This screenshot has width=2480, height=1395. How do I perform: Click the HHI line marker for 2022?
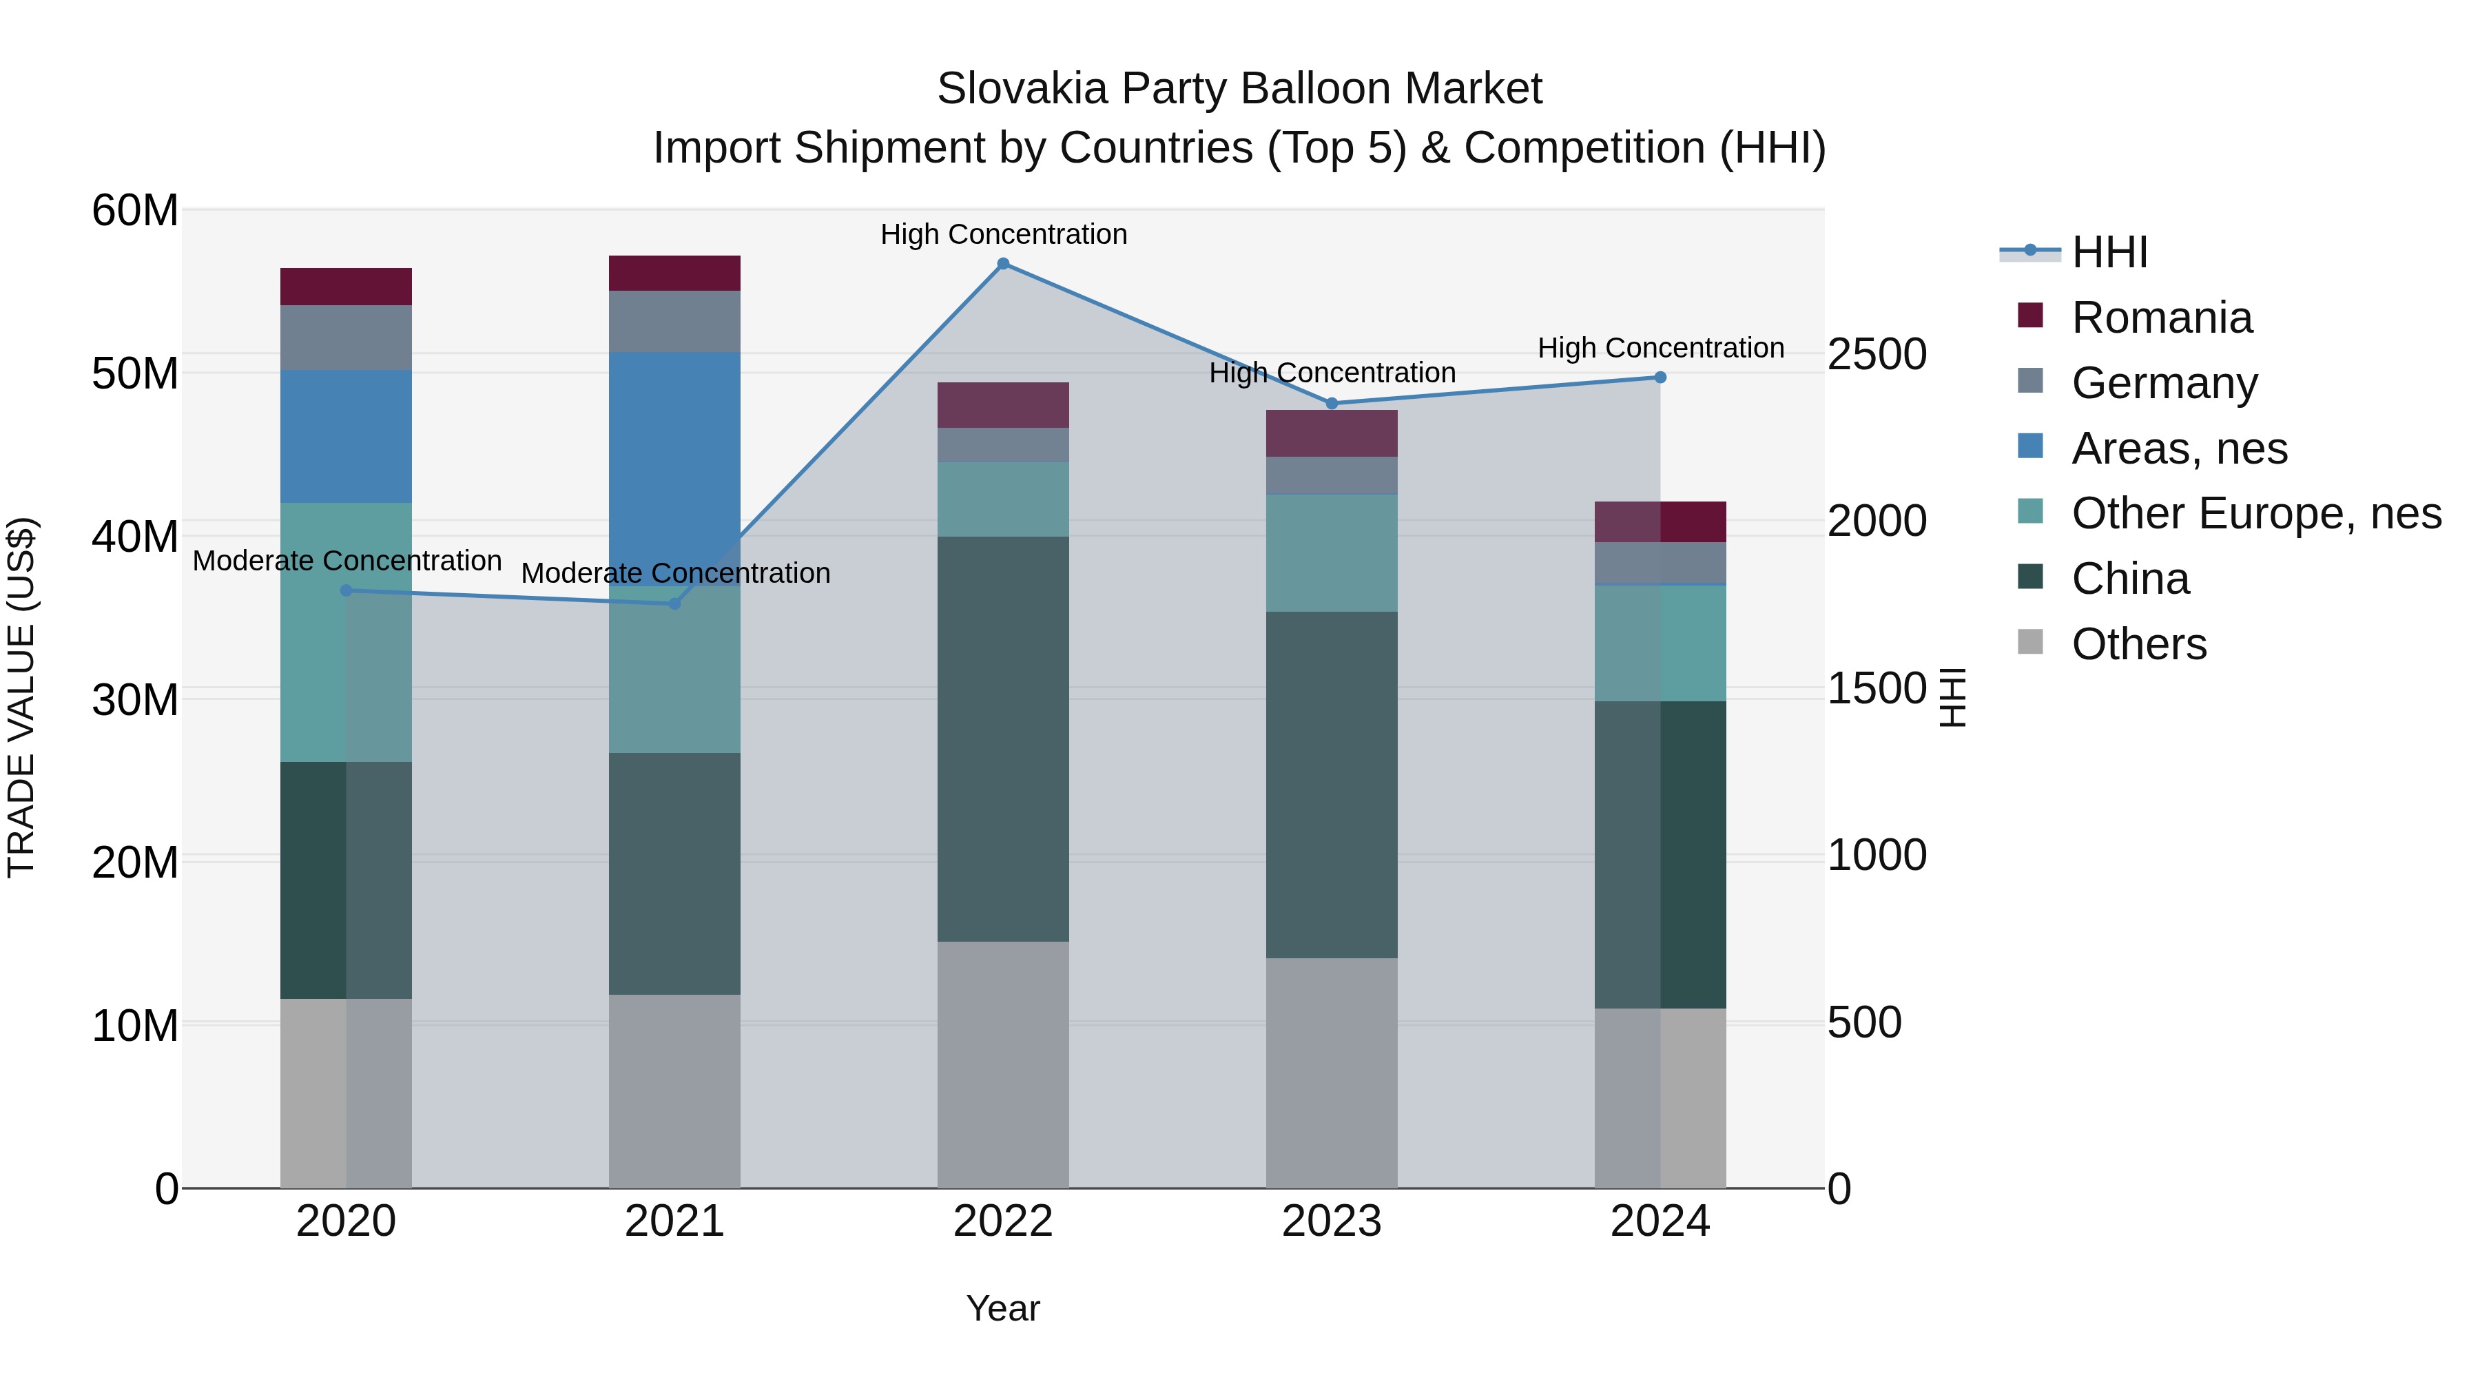[1003, 264]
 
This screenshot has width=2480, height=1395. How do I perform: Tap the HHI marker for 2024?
[1660, 378]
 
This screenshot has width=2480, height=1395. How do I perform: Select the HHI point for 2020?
[347, 590]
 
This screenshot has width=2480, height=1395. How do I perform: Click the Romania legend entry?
[2160, 318]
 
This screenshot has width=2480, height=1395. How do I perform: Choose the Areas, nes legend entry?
[2178, 448]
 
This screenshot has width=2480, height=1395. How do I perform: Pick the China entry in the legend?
[2129, 579]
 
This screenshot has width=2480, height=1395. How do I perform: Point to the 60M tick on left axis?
[135, 210]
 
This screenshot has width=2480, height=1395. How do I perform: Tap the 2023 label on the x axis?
[1332, 1221]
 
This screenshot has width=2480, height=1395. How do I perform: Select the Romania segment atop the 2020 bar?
[347, 287]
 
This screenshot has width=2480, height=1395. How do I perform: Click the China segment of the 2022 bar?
[1003, 738]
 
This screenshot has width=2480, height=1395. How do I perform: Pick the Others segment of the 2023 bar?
[1332, 1073]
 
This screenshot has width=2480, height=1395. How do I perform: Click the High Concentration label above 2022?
[1003, 234]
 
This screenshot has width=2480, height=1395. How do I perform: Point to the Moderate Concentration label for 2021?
[675, 573]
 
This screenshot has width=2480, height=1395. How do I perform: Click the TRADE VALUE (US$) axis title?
[21, 697]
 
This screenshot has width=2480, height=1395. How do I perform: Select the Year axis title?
[1003, 1308]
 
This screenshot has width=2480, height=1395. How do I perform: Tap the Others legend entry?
[2138, 644]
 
